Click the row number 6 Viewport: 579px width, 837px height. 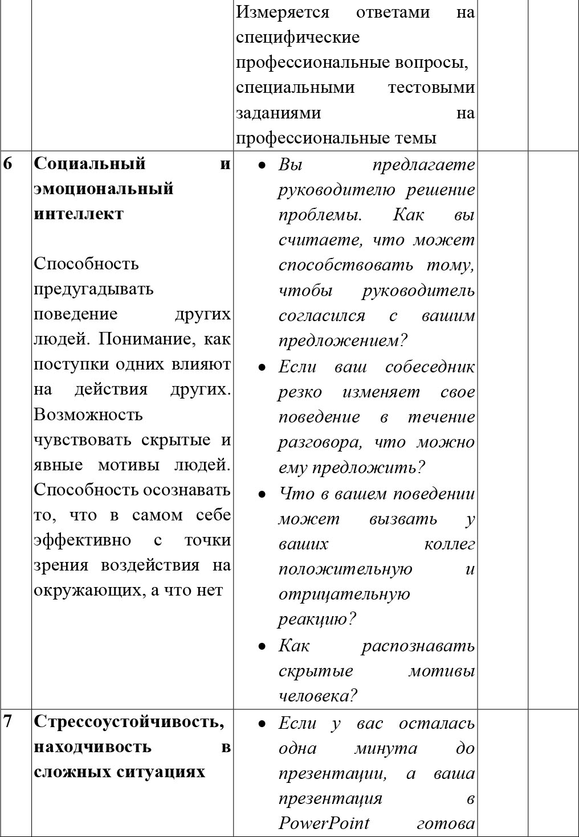click(x=7, y=164)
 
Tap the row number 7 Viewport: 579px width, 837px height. click(x=7, y=722)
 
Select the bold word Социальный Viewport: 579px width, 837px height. click(x=90, y=164)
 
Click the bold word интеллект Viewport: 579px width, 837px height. click(x=79, y=214)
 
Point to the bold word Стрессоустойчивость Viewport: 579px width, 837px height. click(x=129, y=722)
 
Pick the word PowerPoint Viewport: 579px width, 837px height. click(x=324, y=823)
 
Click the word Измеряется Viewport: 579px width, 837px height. click(x=283, y=12)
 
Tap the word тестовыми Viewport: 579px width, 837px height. click(x=431, y=88)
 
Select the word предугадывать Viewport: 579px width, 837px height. click(x=93, y=289)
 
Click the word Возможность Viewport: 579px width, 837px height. click(x=88, y=415)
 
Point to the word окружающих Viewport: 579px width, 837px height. click(x=90, y=590)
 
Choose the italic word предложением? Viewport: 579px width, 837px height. click(x=343, y=341)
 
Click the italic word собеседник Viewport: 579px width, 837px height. click(x=430, y=367)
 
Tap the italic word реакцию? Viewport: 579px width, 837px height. click(x=317, y=619)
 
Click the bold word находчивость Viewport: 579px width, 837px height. click(x=92, y=746)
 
